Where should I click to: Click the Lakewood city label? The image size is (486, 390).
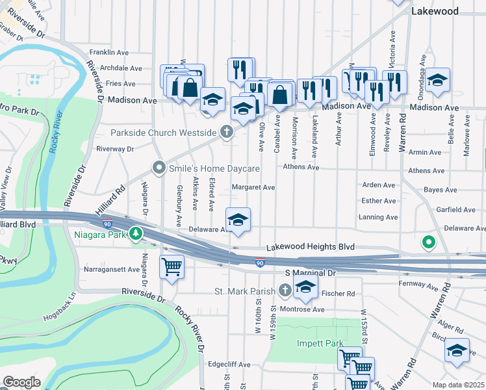click(x=435, y=11)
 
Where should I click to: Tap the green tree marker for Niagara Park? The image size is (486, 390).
click(x=135, y=233)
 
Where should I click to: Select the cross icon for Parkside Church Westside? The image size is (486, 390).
click(x=227, y=133)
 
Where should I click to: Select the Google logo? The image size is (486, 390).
click(x=21, y=382)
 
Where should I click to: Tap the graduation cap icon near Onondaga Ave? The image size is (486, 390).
click(x=439, y=79)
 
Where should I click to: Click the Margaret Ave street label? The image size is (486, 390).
click(x=253, y=187)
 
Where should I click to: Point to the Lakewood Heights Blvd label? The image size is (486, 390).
click(x=311, y=248)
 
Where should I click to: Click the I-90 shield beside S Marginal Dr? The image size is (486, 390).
click(x=259, y=263)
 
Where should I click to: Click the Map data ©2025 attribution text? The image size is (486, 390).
click(x=458, y=385)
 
